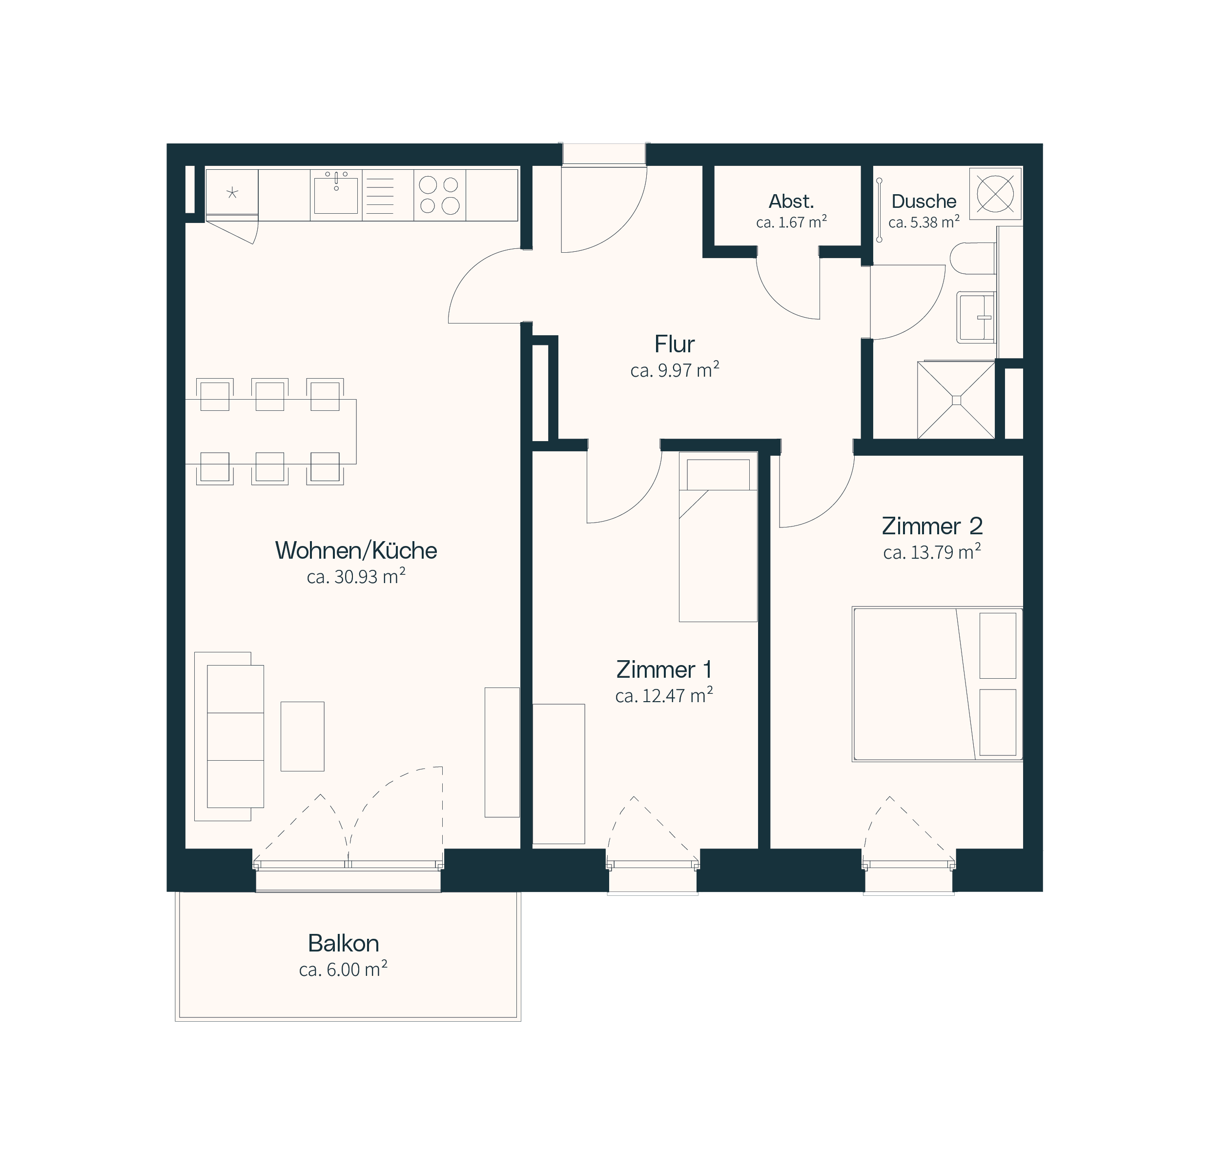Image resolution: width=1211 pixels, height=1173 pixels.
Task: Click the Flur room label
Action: [x=674, y=344]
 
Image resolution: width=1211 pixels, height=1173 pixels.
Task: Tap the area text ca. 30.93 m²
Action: [x=356, y=576]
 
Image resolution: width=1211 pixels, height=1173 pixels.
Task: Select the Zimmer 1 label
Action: [x=664, y=669]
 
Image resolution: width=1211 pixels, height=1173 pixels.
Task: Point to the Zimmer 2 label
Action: [x=932, y=526]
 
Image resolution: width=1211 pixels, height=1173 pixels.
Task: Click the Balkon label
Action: [x=344, y=943]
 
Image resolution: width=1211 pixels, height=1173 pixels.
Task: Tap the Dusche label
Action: [x=924, y=202]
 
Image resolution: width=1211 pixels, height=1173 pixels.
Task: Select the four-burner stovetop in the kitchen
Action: [x=439, y=195]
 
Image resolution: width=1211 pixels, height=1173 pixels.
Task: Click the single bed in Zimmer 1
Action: [x=718, y=537]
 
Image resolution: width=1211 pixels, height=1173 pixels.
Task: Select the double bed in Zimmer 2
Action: [x=937, y=684]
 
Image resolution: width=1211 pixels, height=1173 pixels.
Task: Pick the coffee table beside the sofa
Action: [x=302, y=736]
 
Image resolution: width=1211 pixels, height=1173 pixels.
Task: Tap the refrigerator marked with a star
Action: [x=232, y=193]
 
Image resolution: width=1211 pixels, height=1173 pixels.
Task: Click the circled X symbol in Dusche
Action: [x=995, y=193]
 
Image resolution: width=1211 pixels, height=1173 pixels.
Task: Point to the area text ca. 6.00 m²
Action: [x=343, y=969]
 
